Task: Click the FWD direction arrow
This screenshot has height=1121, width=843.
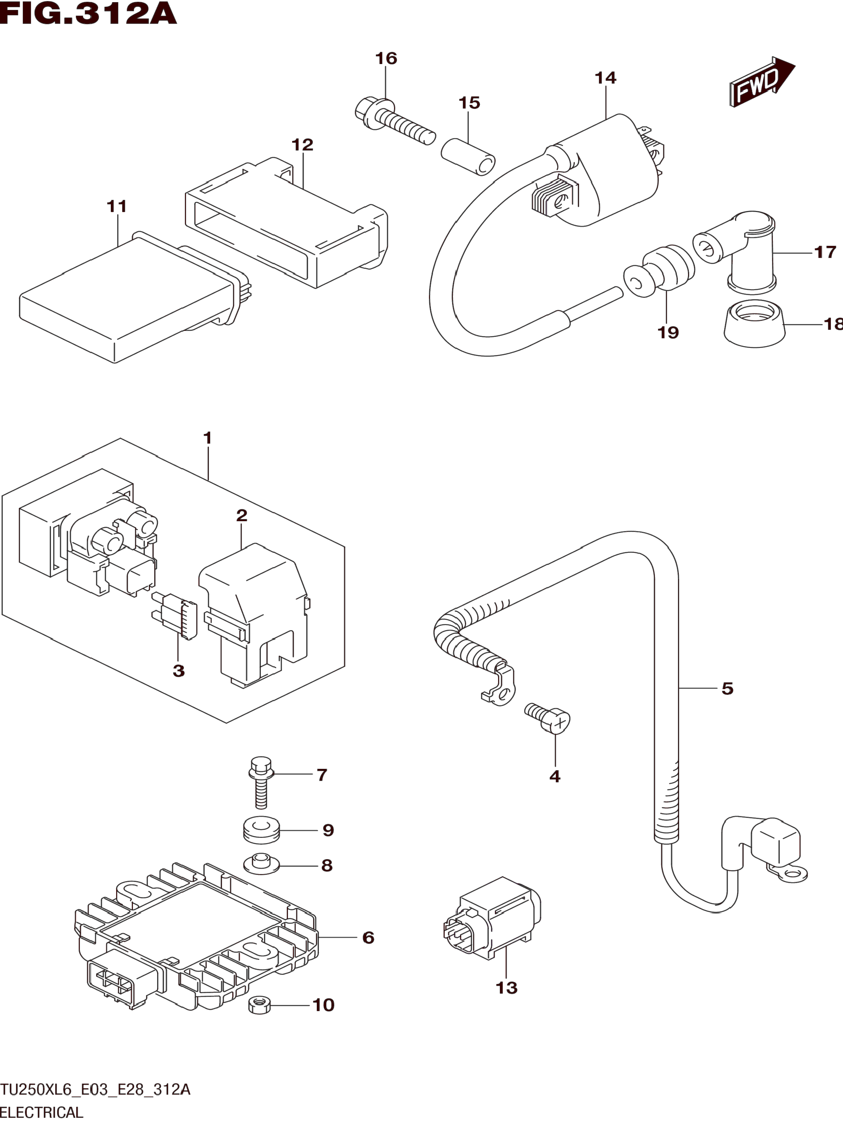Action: pyautogui.click(x=762, y=82)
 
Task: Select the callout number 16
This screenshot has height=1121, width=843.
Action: pyautogui.click(x=386, y=58)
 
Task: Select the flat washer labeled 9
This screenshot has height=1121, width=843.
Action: pyautogui.click(x=261, y=830)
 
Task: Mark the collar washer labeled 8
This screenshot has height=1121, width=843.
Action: pyautogui.click(x=261, y=864)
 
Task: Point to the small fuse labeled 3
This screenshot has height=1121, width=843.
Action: pyautogui.click(x=174, y=615)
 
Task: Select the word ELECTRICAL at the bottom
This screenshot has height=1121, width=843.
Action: pyautogui.click(x=41, y=1112)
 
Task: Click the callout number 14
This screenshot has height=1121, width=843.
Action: pyautogui.click(x=606, y=78)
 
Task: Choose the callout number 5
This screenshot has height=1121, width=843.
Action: pyautogui.click(x=727, y=688)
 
